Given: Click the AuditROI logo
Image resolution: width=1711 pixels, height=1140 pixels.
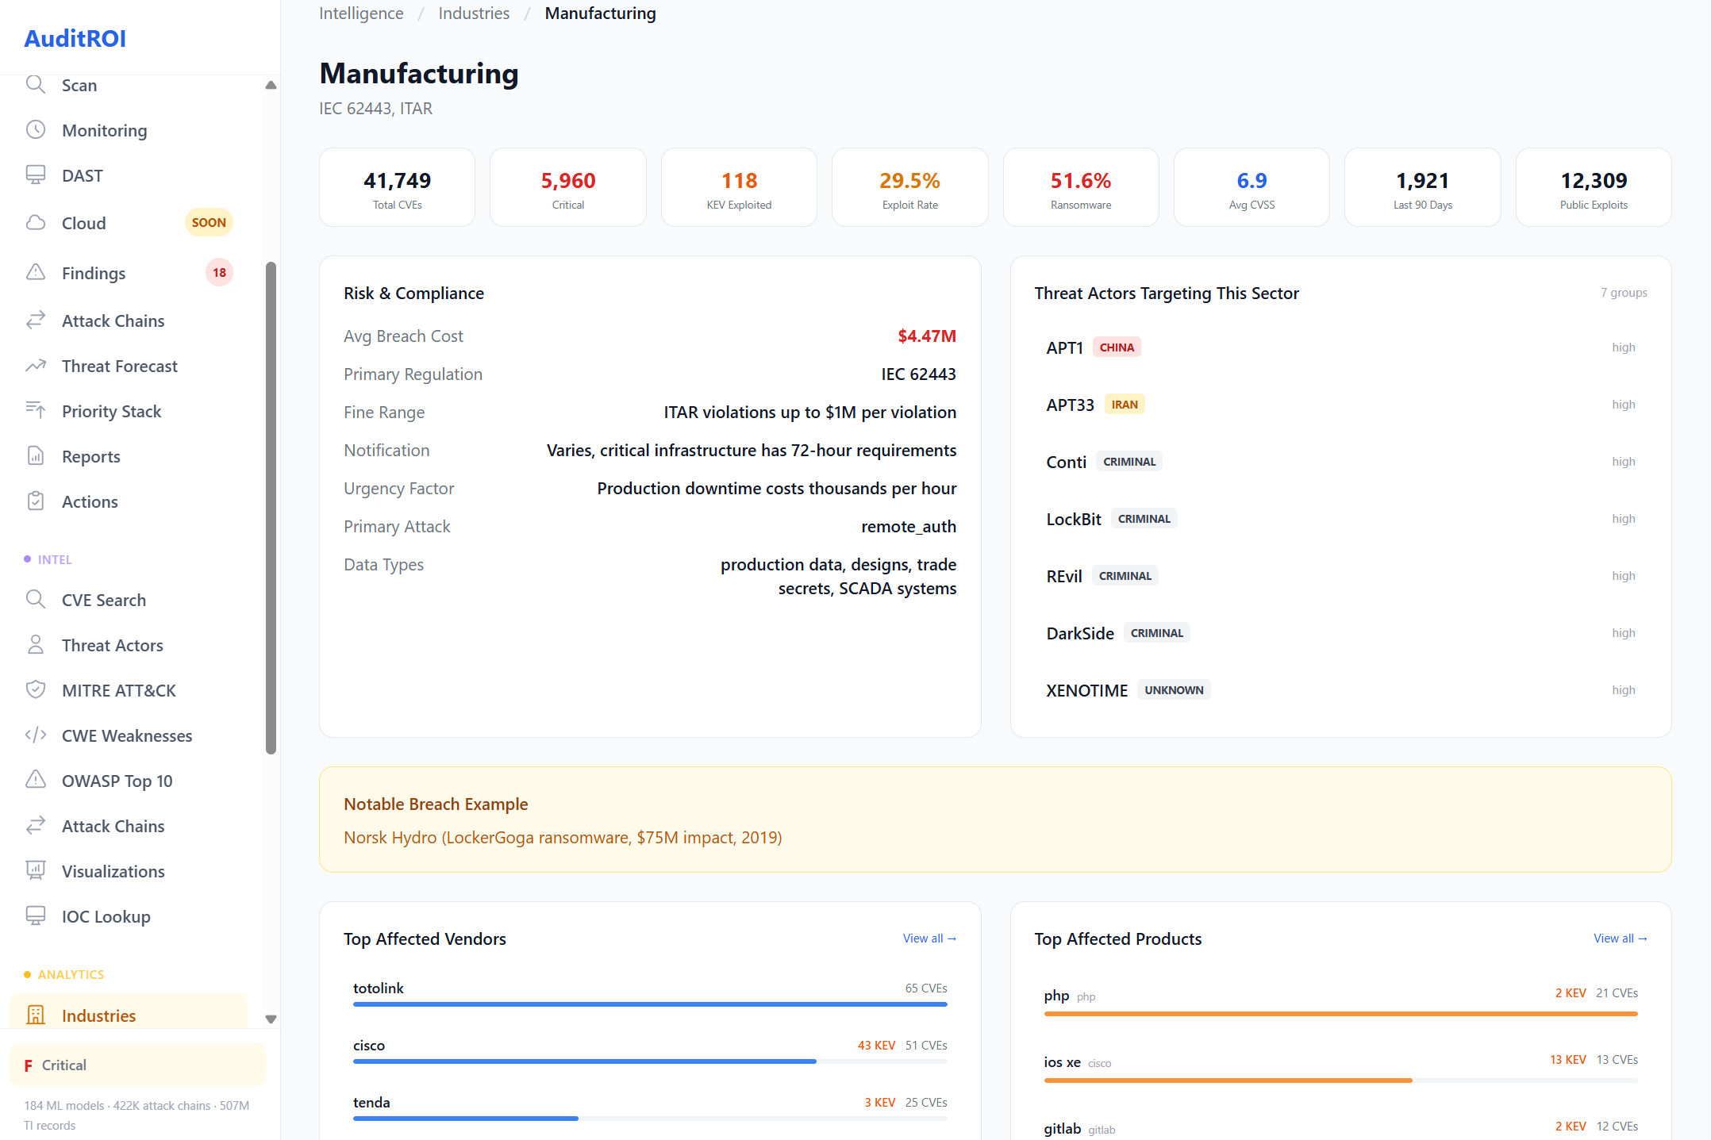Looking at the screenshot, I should [x=75, y=38].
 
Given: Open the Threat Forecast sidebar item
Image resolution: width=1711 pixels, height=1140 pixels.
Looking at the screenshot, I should [x=119, y=366].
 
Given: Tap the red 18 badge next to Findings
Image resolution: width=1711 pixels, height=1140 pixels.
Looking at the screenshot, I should [x=219, y=272].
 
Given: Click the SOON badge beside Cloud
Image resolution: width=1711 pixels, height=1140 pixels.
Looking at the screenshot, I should [x=209, y=223].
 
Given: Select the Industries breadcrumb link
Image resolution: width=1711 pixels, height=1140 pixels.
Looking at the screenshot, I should [x=474, y=13].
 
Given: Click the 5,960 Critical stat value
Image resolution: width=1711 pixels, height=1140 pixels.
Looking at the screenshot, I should [x=567, y=181].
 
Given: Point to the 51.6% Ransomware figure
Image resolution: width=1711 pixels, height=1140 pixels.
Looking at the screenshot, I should [x=1080, y=181].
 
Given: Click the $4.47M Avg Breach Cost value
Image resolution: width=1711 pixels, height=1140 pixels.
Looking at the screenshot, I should [x=926, y=336].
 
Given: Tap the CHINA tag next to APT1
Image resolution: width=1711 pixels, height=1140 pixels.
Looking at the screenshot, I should [x=1117, y=347].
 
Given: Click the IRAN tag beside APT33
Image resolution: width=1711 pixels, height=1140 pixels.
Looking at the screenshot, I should [x=1124, y=405].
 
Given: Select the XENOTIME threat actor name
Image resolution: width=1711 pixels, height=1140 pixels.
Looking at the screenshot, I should [x=1086, y=690].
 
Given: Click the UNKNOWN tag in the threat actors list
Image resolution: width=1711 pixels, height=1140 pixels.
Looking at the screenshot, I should [x=1173, y=690].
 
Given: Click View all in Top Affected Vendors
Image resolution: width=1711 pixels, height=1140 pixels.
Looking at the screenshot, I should [x=929, y=938].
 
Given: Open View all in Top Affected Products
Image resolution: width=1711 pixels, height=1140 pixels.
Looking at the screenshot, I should [x=1620, y=938].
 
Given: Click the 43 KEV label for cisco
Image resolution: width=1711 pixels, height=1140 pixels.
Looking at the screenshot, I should [x=876, y=1046].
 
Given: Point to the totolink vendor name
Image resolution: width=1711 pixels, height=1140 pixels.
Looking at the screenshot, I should [x=378, y=988].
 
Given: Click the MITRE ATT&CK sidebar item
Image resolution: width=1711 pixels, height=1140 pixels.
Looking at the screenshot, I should [x=118, y=690].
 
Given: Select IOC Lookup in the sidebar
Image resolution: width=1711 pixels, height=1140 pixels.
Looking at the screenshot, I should [x=106, y=916].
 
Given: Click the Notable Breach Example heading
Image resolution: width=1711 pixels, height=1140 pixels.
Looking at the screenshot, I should [x=436, y=804].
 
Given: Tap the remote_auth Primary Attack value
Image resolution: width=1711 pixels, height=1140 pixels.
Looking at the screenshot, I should [x=908, y=527].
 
